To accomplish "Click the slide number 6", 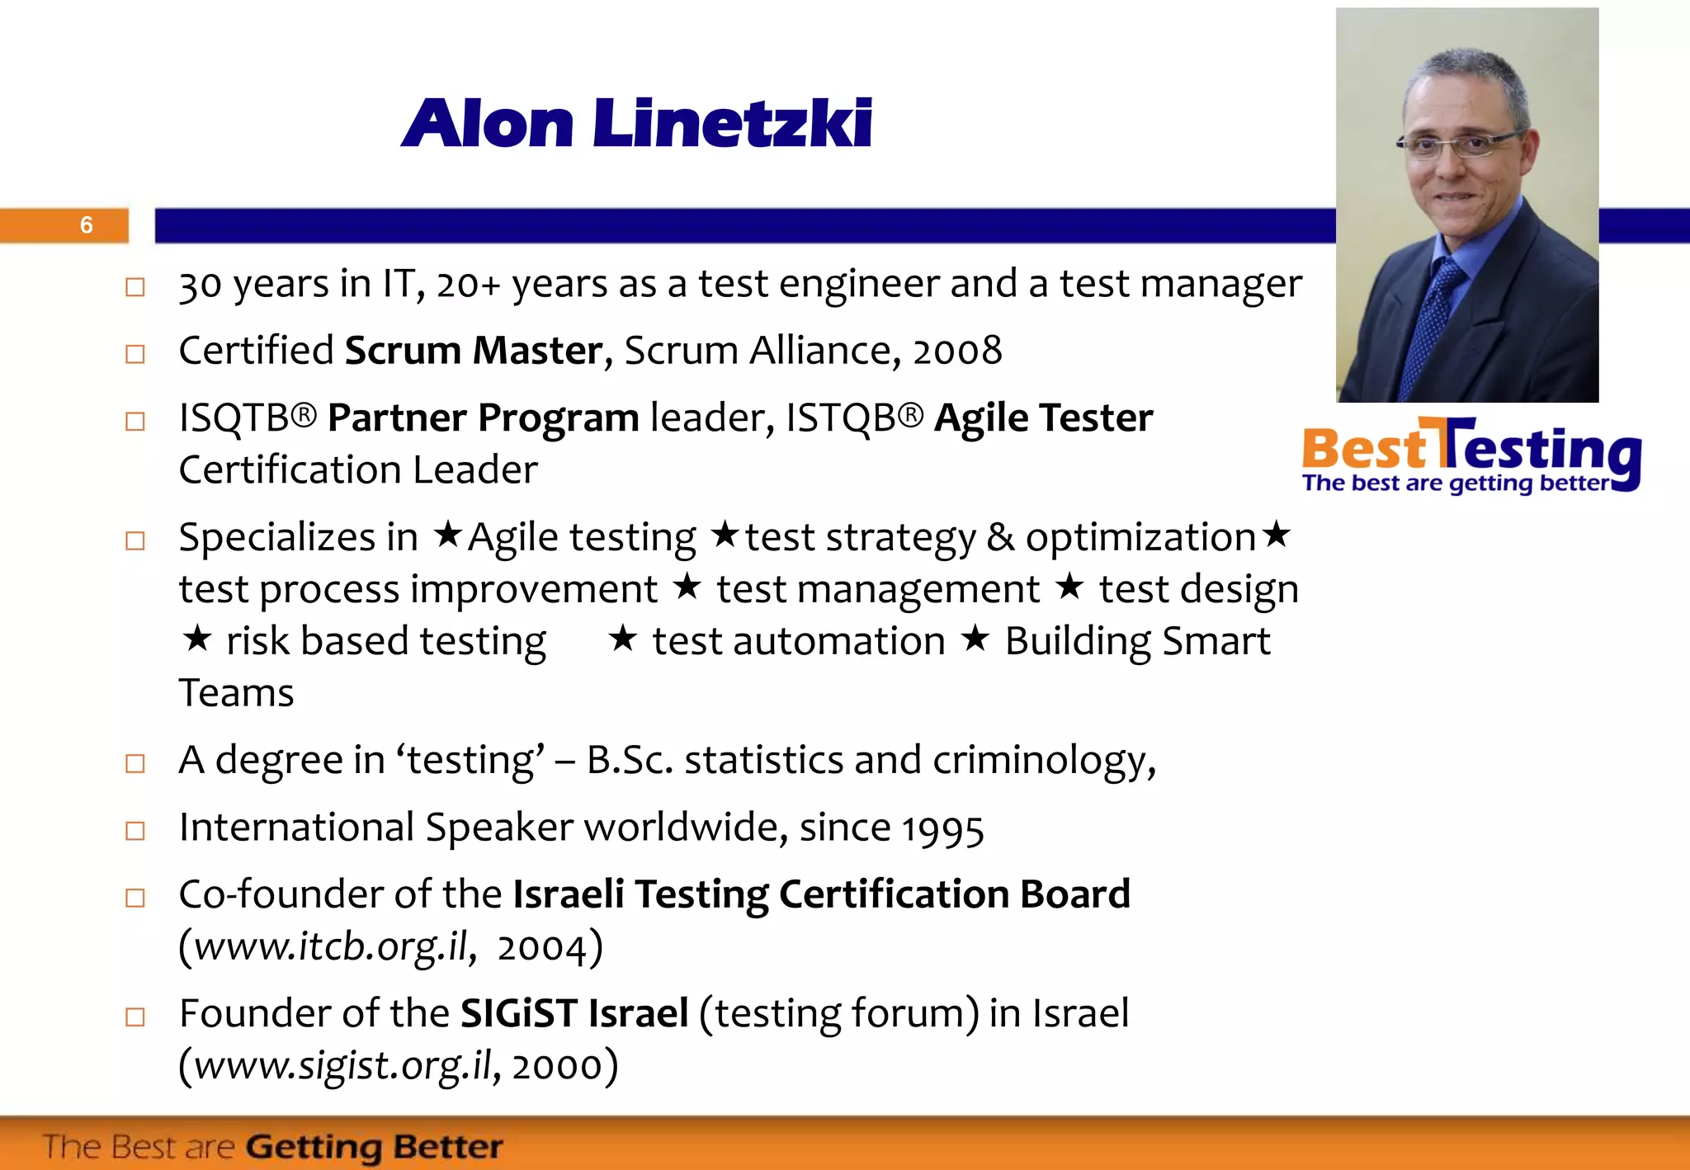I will coord(87,225).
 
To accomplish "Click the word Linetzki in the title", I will coord(732,124).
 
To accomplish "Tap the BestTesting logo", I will coord(1470,456).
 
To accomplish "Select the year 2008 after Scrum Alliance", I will coord(957,351).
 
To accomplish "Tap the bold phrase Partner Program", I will coord(483,418).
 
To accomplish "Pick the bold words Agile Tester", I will coord(1043,418).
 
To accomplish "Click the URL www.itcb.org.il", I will coord(331,946).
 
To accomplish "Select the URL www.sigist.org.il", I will coord(342,1065).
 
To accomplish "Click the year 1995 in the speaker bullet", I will coord(942,828).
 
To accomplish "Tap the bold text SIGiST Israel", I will coord(574,1013).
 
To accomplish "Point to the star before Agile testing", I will coord(448,535).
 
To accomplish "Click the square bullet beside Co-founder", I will coord(135,898).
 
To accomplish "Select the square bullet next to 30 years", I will coord(135,287).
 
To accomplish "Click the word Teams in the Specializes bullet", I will coord(236,693).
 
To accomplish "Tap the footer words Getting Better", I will coord(375,1147).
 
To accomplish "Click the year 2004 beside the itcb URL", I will coord(542,947).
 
